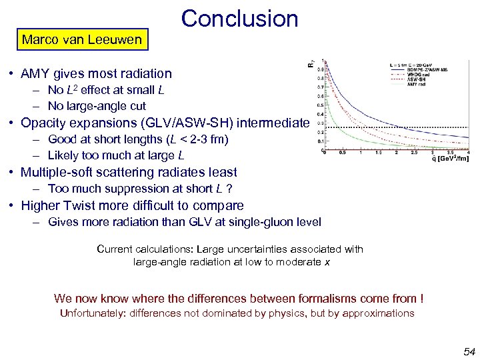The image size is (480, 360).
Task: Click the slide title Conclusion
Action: tap(239, 18)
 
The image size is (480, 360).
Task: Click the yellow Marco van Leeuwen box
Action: tap(81, 39)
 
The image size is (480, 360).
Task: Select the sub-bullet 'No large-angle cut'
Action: tap(97, 106)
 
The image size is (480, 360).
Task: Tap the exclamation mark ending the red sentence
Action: tap(422, 298)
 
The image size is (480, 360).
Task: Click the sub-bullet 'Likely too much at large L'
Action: tap(116, 155)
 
